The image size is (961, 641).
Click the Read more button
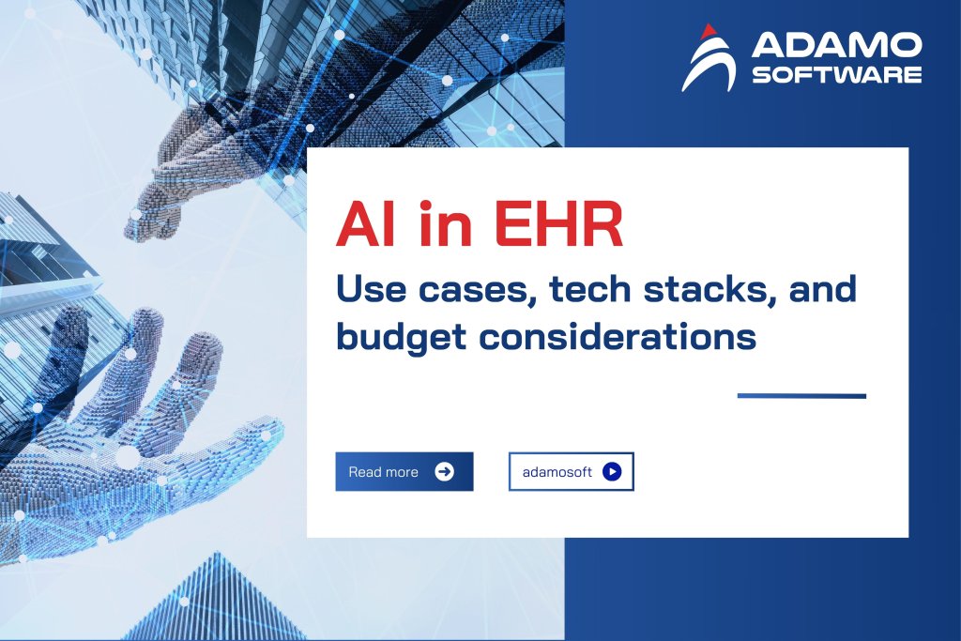(404, 471)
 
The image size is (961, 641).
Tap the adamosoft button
(571, 472)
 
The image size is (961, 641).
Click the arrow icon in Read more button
(445, 471)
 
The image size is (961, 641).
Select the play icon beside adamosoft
(612, 472)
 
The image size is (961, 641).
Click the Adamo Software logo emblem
(709, 58)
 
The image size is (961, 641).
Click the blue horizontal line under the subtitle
(801, 395)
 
